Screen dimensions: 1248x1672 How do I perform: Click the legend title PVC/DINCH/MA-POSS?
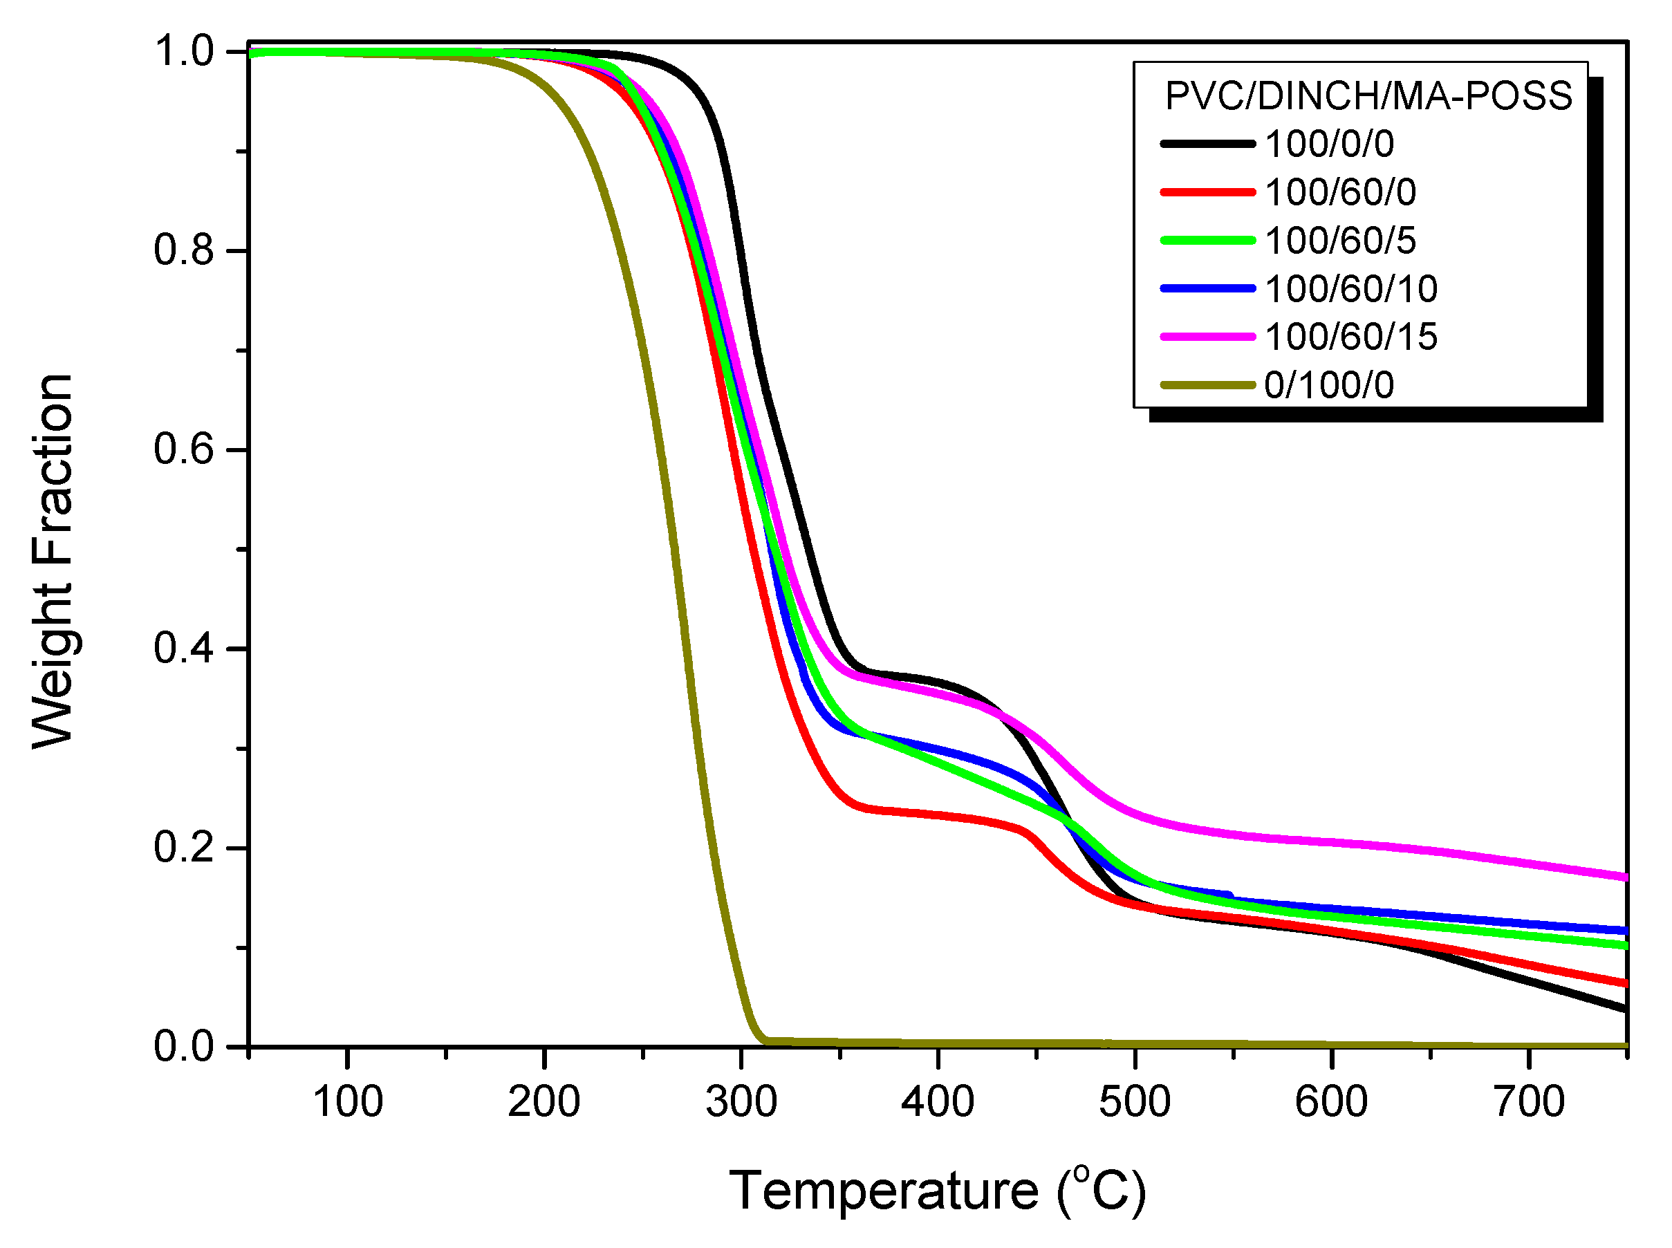pyautogui.click(x=1368, y=96)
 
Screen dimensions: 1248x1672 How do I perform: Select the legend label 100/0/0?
pyautogui.click(x=1329, y=144)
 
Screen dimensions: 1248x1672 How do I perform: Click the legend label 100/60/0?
pyautogui.click(x=1339, y=192)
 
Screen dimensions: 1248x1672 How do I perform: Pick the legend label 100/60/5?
pyautogui.click(x=1339, y=240)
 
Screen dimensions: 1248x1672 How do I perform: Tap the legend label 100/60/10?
pyautogui.click(x=1350, y=288)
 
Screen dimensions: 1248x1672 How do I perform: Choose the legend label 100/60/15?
pyautogui.click(x=1350, y=336)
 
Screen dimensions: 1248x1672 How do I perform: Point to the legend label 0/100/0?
pyautogui.click(x=1329, y=385)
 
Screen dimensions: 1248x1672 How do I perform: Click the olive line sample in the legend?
pyautogui.click(x=1207, y=385)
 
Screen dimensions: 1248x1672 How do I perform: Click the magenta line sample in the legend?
pyautogui.click(x=1207, y=336)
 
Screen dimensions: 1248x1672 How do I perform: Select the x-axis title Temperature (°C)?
pyautogui.click(x=937, y=1190)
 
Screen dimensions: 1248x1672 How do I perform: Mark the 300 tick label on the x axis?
pyautogui.click(x=741, y=1101)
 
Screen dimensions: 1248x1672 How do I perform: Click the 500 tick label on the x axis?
pyautogui.click(x=1135, y=1101)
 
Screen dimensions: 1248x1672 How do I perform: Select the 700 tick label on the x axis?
pyautogui.click(x=1529, y=1101)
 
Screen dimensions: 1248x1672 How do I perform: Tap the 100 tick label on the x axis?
pyautogui.click(x=348, y=1101)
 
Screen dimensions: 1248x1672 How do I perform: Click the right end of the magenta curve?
pyautogui.click(x=1625, y=877)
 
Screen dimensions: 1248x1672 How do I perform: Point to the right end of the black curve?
pyautogui.click(x=1625, y=1009)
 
